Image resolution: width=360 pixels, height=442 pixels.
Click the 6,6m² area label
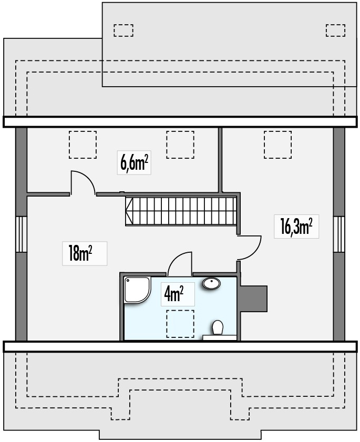pyautogui.click(x=134, y=163)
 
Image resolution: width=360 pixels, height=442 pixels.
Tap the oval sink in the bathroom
pyautogui.click(x=211, y=283)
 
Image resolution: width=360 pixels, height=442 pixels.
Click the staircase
pyautogui.click(x=180, y=211)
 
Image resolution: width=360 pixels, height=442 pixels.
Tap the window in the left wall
pyautogui.click(x=21, y=234)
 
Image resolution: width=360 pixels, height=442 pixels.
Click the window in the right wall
pyautogui.click(x=339, y=234)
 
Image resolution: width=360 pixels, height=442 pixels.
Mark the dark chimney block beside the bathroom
pyautogui.click(x=253, y=298)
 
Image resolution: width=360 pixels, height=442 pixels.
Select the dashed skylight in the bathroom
pyautogui.click(x=180, y=323)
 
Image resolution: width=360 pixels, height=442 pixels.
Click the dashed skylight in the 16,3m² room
pyautogui.click(x=277, y=145)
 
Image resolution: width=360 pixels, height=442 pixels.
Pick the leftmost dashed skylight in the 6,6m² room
pyautogui.click(x=83, y=145)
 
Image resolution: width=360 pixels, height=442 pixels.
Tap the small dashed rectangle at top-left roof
pyautogui.click(x=124, y=30)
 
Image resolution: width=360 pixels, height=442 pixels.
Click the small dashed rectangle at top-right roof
pyautogui.click(x=335, y=30)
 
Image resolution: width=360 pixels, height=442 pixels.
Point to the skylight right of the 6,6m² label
pyautogui.click(x=180, y=145)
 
